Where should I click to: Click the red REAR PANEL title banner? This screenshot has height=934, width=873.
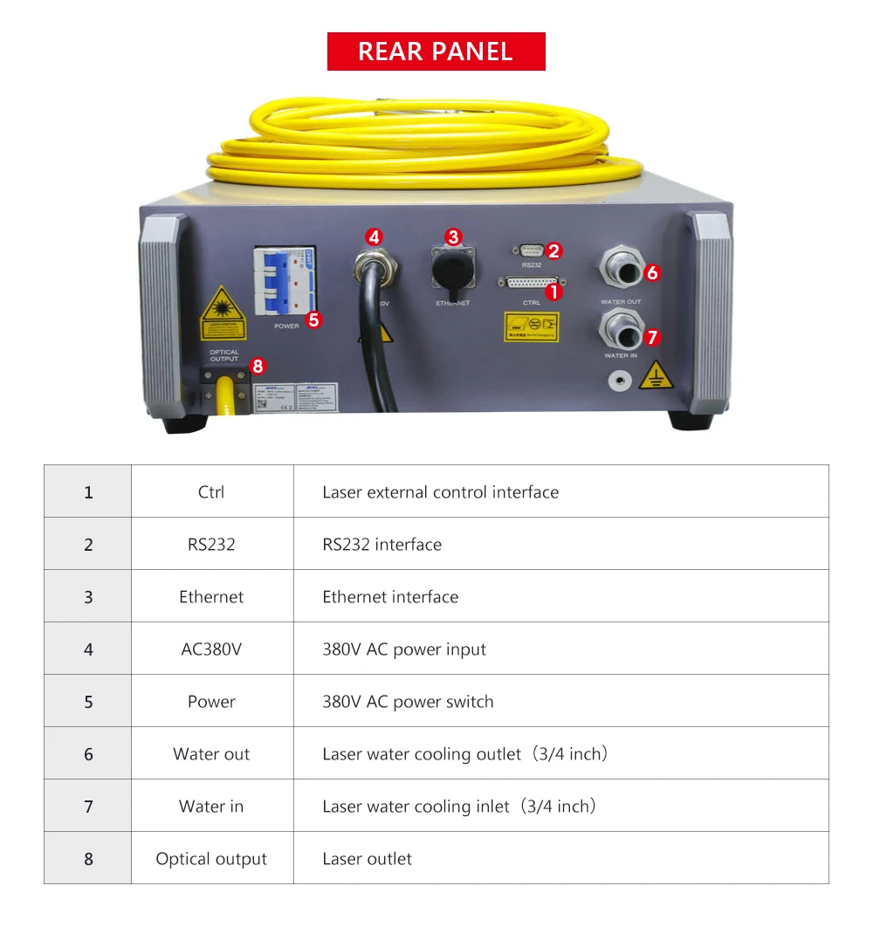(x=436, y=52)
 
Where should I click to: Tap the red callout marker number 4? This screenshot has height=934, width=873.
(x=374, y=237)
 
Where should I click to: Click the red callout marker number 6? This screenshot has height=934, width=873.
(x=652, y=272)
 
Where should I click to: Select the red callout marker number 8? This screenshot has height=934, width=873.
(x=258, y=367)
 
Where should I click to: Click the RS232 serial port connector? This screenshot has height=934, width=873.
(x=531, y=251)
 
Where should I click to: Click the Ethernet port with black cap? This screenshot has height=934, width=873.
(x=451, y=267)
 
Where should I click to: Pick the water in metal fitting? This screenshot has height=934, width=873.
(x=620, y=329)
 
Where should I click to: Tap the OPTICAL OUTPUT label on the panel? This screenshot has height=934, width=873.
(x=223, y=355)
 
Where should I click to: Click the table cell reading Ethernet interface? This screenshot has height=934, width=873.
(x=390, y=597)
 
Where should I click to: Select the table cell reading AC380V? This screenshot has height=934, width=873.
(x=211, y=649)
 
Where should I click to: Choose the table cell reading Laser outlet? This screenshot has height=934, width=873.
(x=367, y=859)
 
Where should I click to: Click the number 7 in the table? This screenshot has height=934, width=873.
(x=88, y=807)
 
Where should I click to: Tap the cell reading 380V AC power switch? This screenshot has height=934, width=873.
(x=408, y=702)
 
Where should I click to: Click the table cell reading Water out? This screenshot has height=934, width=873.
(x=211, y=754)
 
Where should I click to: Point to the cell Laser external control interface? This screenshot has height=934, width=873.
(x=440, y=492)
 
